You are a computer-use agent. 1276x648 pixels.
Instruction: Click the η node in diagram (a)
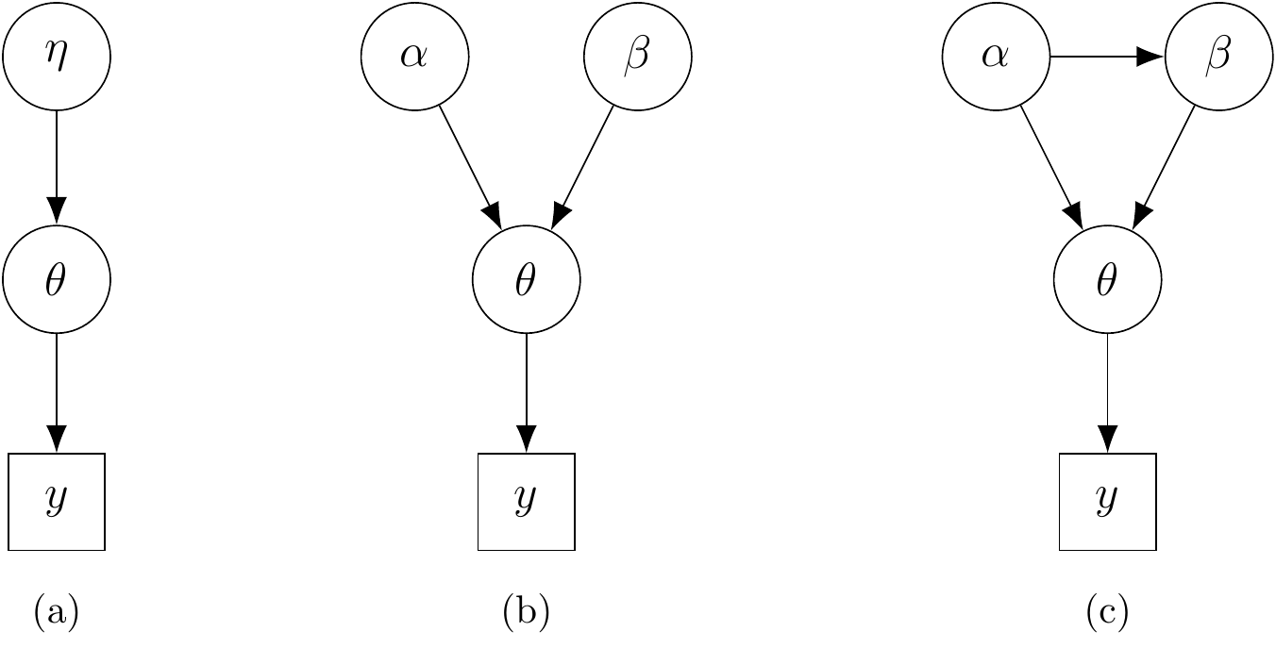tap(57, 57)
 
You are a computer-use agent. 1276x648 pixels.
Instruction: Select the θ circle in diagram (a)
tap(57, 279)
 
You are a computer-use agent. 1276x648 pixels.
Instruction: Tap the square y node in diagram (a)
tap(57, 502)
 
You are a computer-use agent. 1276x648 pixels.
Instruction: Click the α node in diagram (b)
tap(414, 57)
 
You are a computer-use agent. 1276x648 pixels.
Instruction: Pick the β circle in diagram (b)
tap(638, 57)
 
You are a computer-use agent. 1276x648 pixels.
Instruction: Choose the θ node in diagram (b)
tap(526, 279)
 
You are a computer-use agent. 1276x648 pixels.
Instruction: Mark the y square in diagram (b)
tap(526, 502)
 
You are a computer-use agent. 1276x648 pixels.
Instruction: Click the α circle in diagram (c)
tap(996, 57)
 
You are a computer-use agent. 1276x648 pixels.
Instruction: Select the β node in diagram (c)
tap(1218, 57)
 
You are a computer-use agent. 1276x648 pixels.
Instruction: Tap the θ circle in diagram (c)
tap(1107, 279)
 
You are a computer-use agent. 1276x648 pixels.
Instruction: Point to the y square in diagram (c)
tap(1107, 502)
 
